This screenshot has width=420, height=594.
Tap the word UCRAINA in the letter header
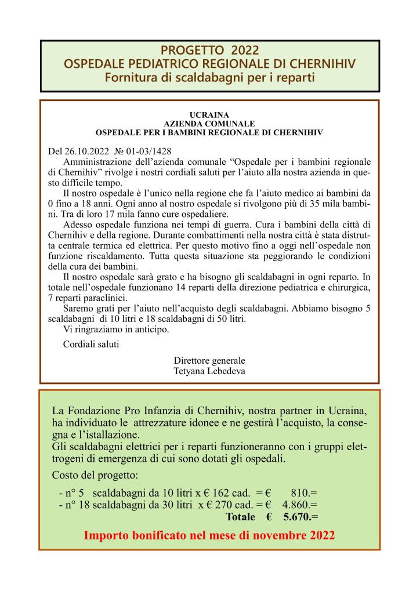coord(209,115)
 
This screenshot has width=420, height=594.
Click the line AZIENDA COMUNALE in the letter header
coord(209,124)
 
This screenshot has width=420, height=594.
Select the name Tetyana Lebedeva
coord(209,370)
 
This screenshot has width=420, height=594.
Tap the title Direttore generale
coord(209,360)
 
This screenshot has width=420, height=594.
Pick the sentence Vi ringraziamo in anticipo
coord(116,329)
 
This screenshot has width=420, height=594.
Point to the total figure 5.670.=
coord(300,516)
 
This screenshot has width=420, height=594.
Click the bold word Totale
coord(241,516)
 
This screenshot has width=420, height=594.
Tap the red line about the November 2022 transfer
coord(209,535)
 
